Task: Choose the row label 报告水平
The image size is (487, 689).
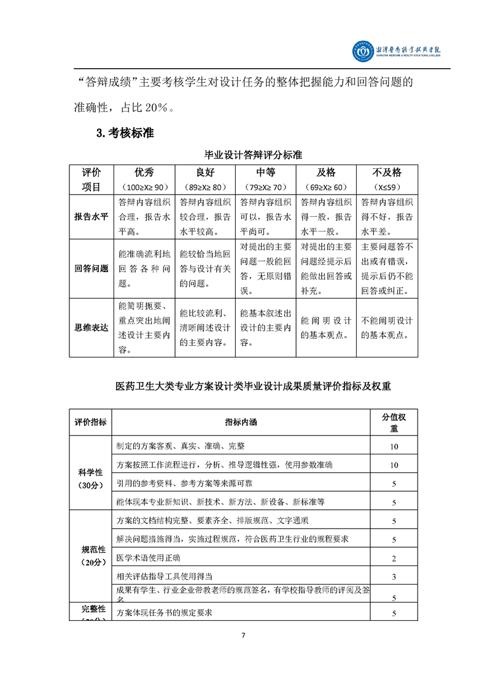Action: (x=91, y=217)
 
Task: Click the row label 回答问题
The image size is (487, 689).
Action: (x=91, y=268)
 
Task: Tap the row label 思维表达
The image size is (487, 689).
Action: (x=91, y=327)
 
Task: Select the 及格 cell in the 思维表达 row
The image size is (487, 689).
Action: (x=326, y=328)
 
